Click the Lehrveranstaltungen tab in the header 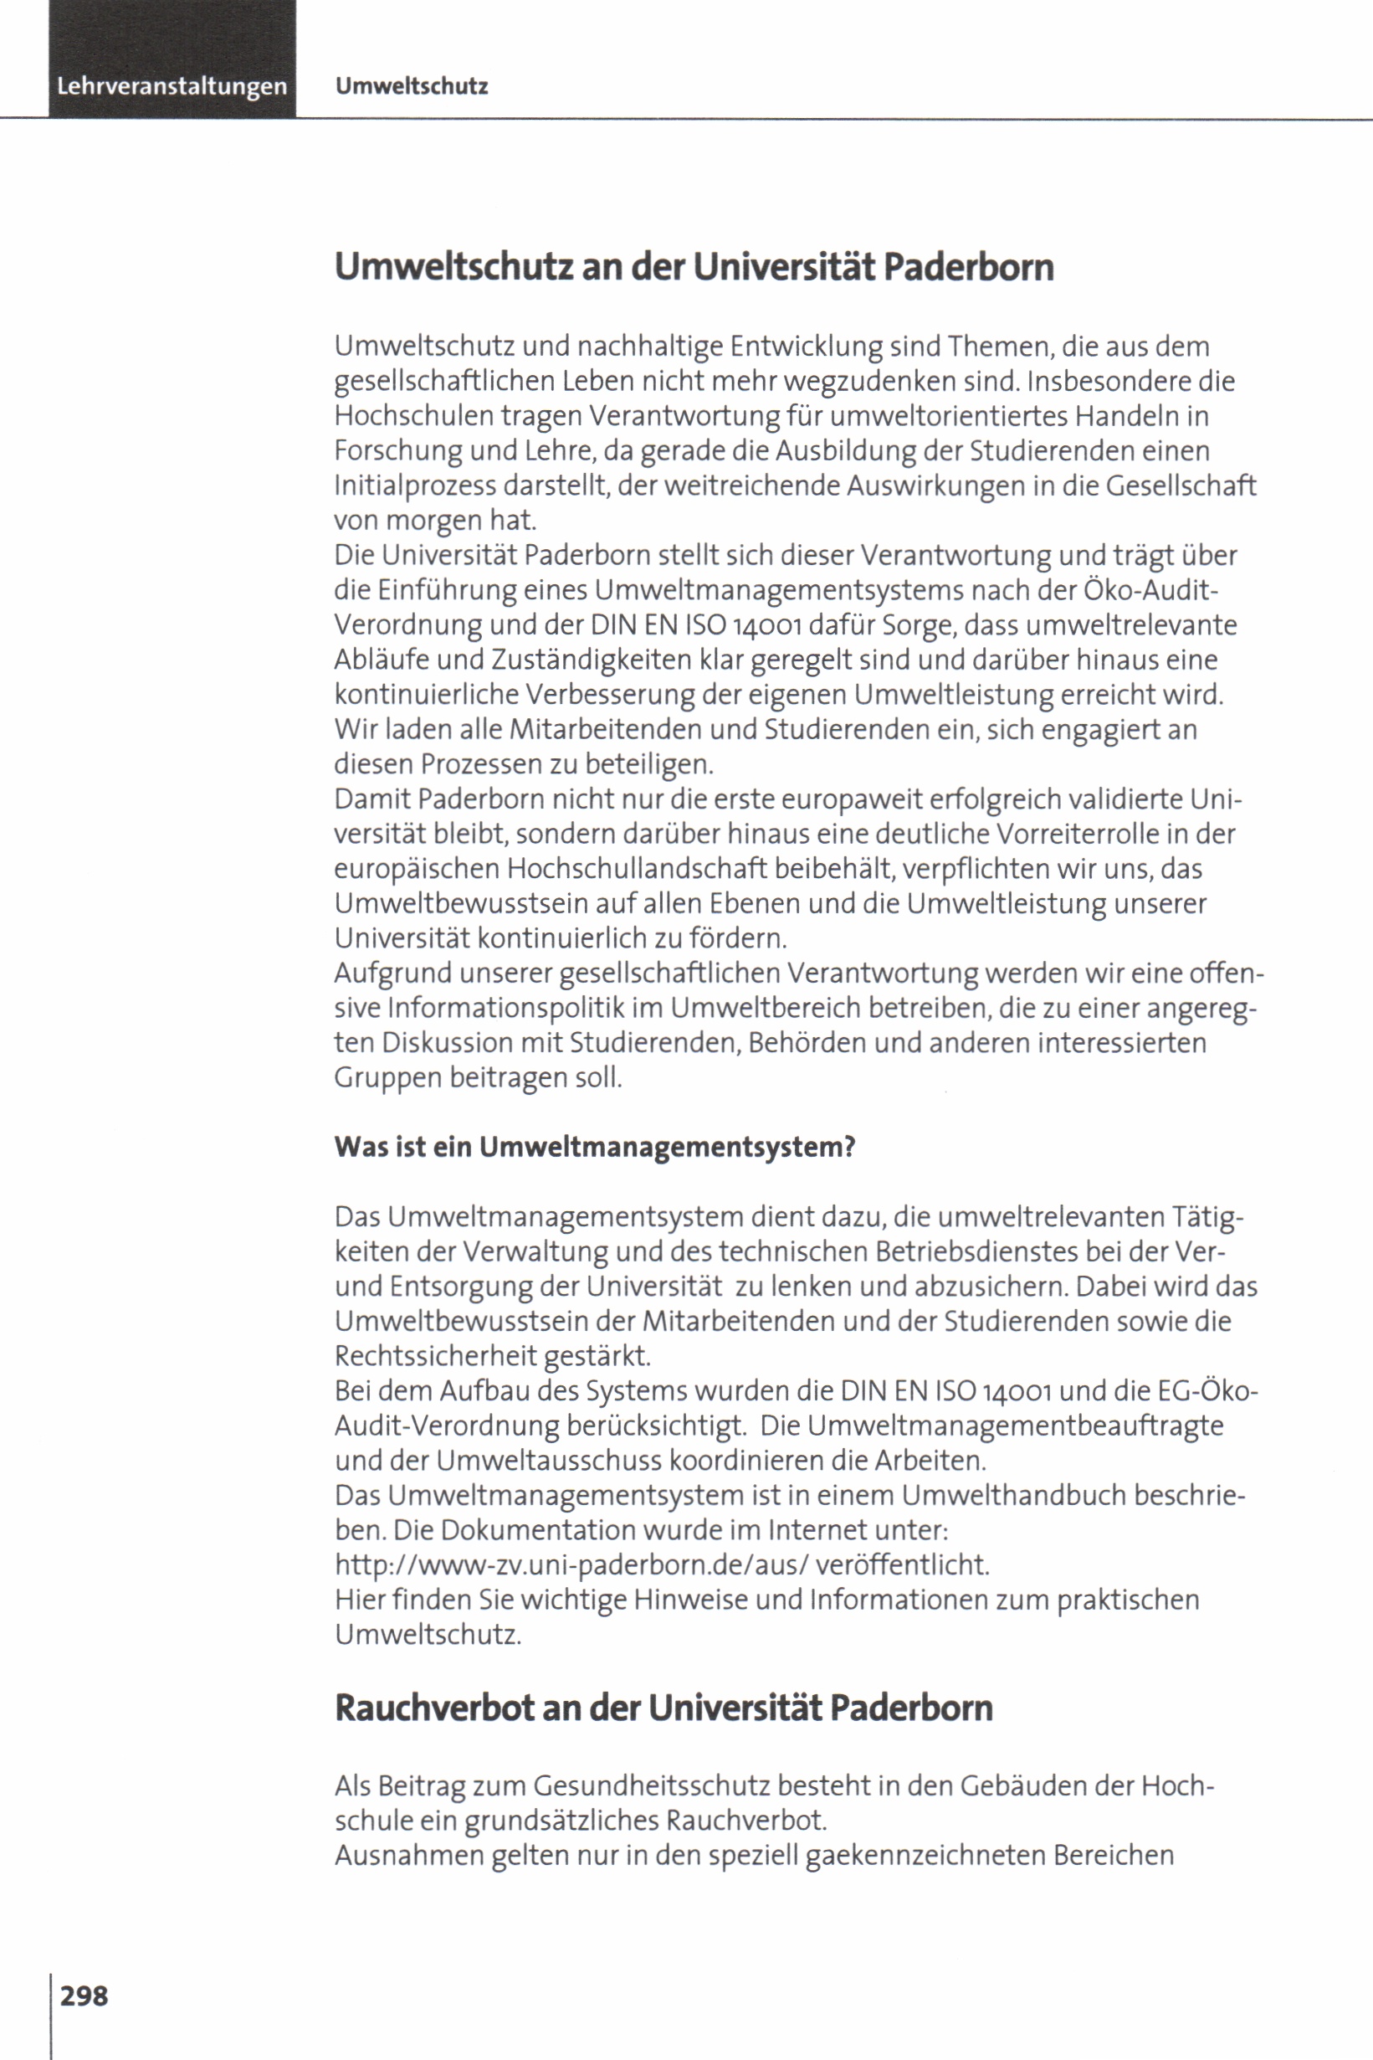tap(172, 87)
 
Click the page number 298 tap(84, 1996)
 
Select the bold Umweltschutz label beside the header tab tap(412, 87)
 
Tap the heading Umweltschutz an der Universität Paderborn tap(694, 267)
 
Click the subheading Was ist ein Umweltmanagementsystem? tap(595, 1148)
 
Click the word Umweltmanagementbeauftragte tap(1015, 1426)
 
